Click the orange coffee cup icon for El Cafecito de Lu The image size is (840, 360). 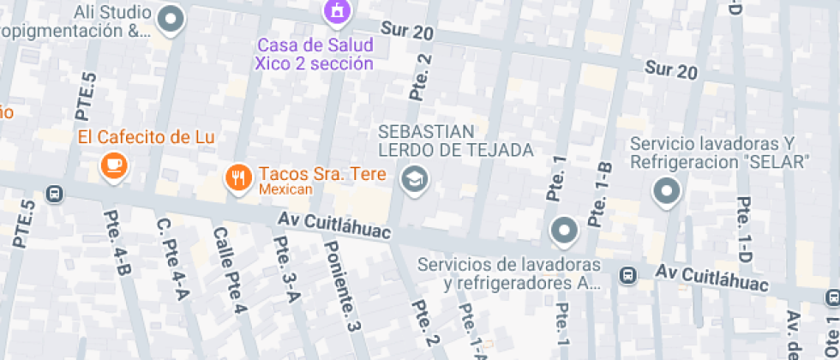(113, 165)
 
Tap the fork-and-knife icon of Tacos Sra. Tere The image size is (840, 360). (237, 177)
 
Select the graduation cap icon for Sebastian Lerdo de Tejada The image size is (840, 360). (415, 180)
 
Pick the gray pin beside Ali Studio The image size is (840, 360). (172, 20)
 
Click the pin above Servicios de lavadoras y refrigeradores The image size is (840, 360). (564, 230)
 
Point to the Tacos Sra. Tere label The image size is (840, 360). (321, 173)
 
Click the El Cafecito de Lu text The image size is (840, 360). (146, 136)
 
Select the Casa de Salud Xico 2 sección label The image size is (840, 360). (314, 53)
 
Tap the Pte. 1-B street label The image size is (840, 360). (598, 194)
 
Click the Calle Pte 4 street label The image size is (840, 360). (231, 270)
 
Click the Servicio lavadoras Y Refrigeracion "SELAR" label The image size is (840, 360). (720, 152)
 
